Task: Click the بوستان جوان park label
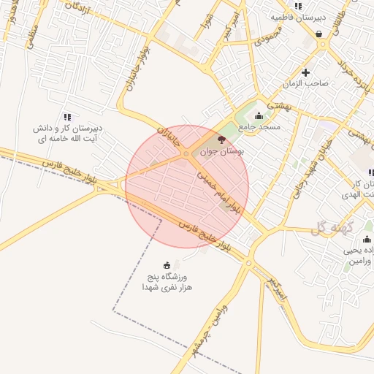pyautogui.click(x=242, y=148)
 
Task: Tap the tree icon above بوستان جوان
pyautogui.click(x=222, y=137)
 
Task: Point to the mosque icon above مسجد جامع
pyautogui.click(x=259, y=116)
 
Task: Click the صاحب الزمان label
pyautogui.click(x=308, y=83)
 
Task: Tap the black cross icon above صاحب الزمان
pyautogui.click(x=305, y=72)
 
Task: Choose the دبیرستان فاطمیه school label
pyautogui.click(x=298, y=16)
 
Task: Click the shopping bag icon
pyautogui.click(x=319, y=34)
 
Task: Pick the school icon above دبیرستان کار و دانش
pyautogui.click(x=67, y=117)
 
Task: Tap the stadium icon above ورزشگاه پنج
pyautogui.click(x=168, y=265)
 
